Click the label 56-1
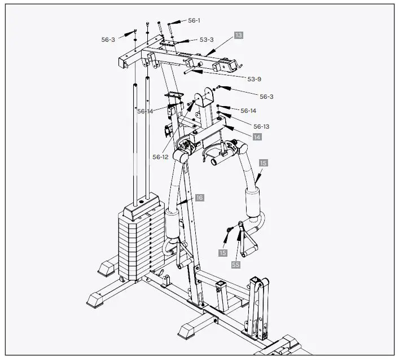point(194,20)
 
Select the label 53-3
point(207,39)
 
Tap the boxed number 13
point(239,35)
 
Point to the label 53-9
point(255,78)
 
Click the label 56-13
point(261,126)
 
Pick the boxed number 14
point(257,137)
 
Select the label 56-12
point(160,157)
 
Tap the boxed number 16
point(199,198)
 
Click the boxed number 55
point(236,264)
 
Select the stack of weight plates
point(138,245)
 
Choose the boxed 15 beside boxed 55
point(223,253)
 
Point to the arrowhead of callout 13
point(209,55)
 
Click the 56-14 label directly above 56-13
point(248,111)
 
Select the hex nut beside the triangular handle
point(230,229)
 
